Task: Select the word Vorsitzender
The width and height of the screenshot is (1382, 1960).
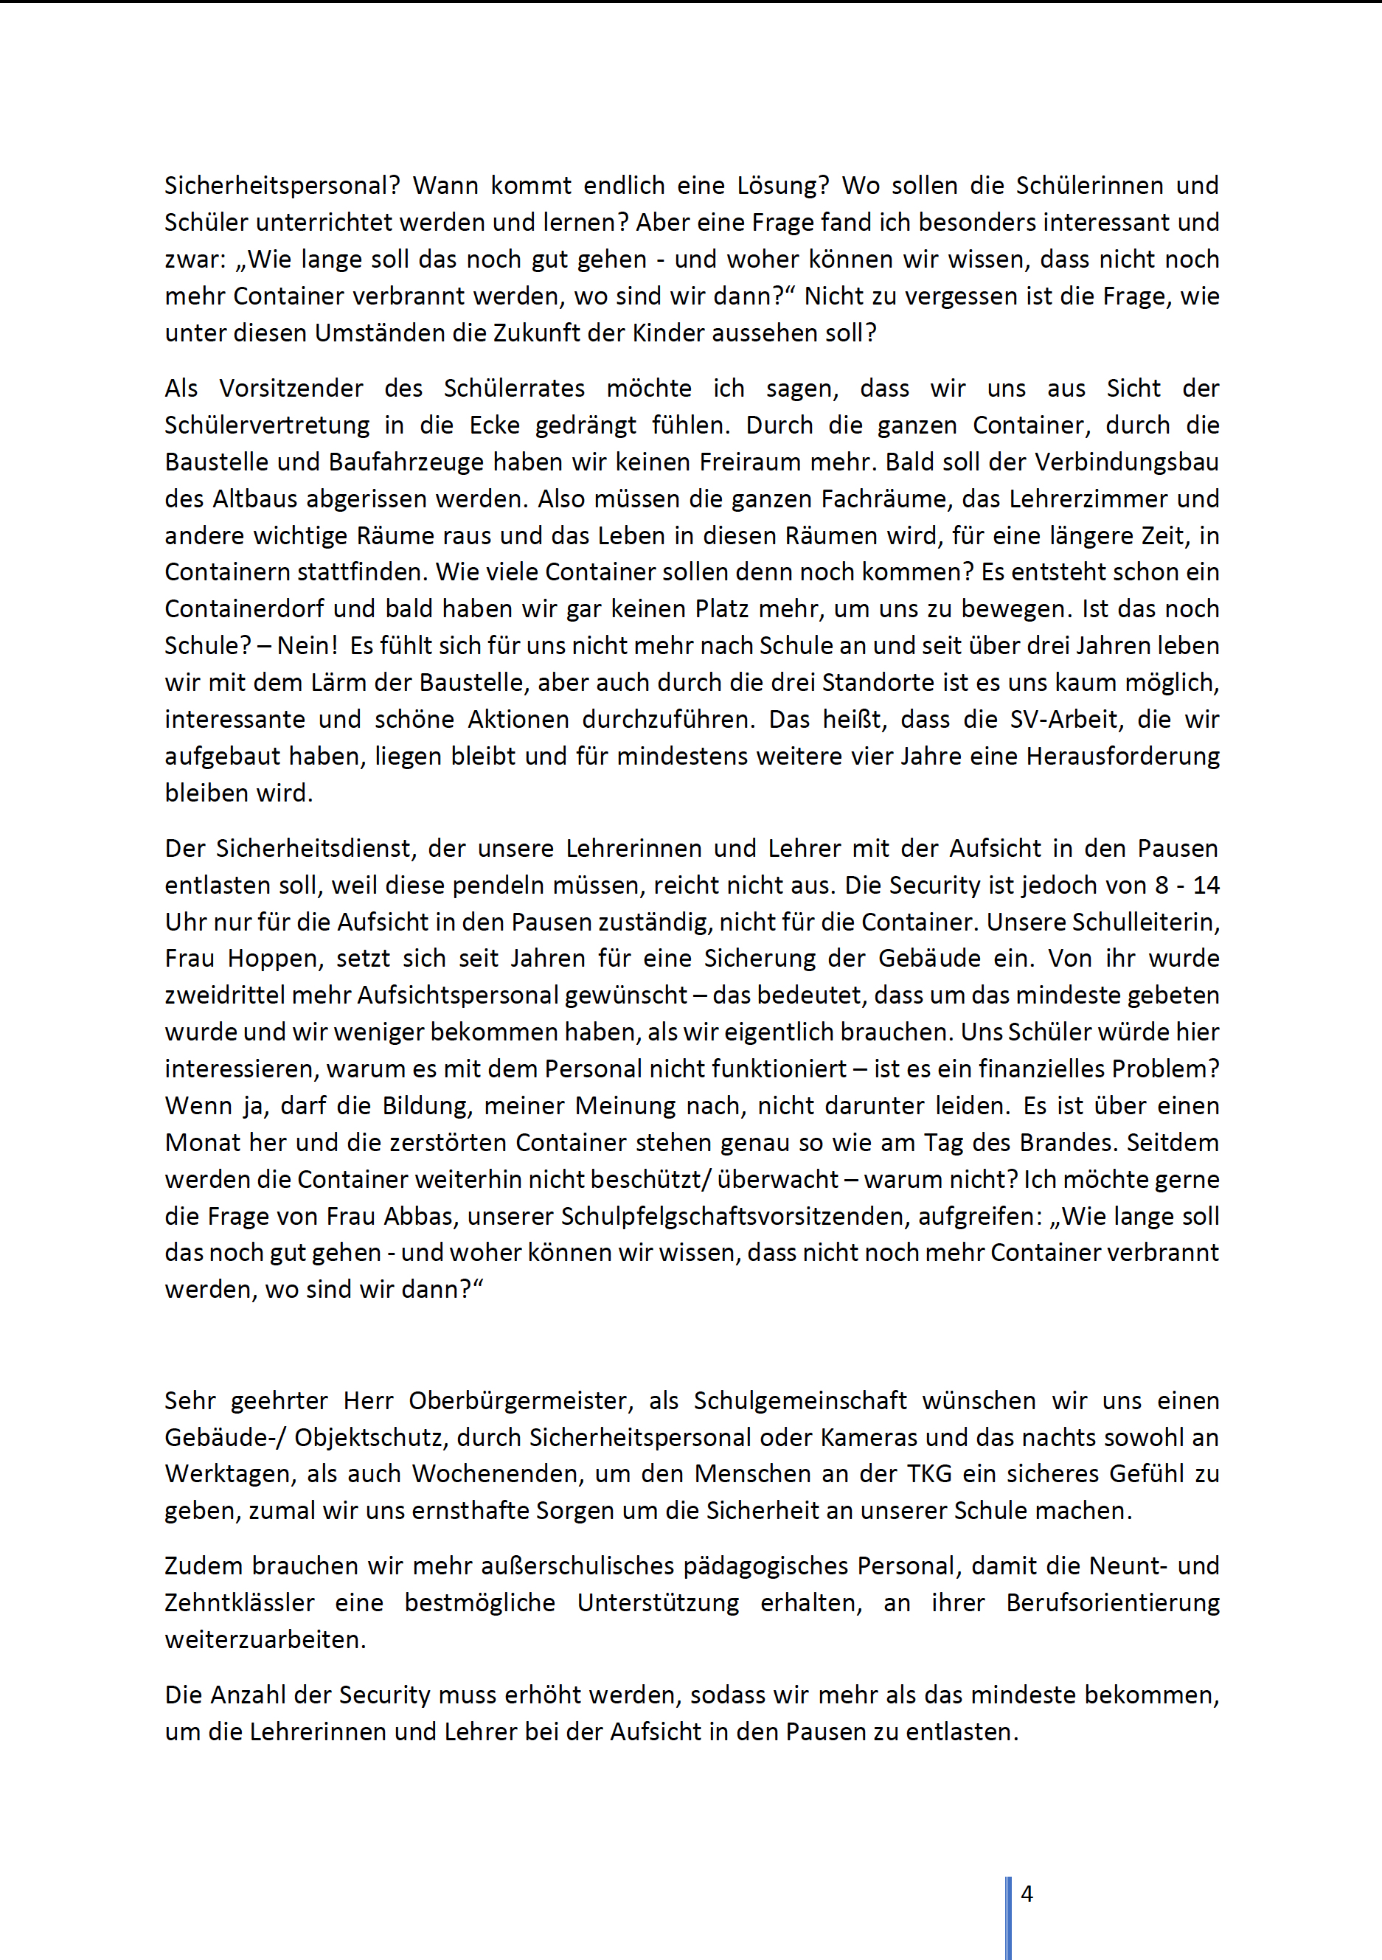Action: click(291, 389)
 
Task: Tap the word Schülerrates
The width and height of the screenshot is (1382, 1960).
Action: click(514, 389)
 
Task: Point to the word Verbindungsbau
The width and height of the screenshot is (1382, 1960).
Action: click(1127, 462)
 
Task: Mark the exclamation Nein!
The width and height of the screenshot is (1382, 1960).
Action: click(308, 645)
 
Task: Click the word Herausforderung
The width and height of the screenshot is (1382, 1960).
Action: click(1122, 757)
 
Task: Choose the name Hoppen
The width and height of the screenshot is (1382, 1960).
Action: click(276, 959)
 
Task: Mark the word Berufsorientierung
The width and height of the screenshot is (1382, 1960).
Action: click(1112, 1602)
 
